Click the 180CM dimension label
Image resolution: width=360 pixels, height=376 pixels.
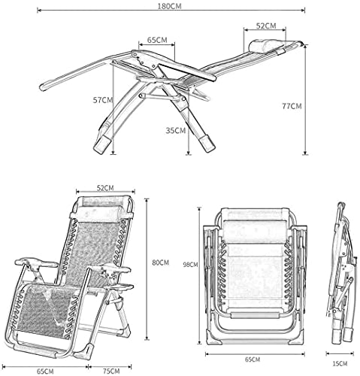pos(169,6)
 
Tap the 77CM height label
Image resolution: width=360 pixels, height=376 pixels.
pos(292,106)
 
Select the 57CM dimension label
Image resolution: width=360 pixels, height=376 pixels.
pos(103,100)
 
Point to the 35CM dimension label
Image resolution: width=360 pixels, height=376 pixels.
pos(176,130)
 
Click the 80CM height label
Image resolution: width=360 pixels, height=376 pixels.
pos(161,262)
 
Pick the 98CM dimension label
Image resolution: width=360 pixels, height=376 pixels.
pos(190,264)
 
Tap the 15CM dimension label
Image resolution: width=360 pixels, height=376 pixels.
pos(340,364)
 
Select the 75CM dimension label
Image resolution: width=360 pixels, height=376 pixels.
pos(111,371)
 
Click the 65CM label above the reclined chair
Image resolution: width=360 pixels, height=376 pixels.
pos(157,40)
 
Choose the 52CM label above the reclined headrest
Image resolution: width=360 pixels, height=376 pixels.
pos(266,26)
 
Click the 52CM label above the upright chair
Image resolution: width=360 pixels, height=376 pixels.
pos(105,188)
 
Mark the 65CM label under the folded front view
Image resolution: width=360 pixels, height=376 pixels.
pos(253,359)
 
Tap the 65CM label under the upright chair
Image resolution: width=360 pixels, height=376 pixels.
pos(45,371)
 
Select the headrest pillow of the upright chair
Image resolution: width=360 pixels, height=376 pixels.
pos(99,213)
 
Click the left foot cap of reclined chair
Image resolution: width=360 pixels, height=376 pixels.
pos(102,145)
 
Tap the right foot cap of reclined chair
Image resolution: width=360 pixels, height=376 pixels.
pos(207,144)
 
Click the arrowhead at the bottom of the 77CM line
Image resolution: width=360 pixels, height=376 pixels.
pos(305,153)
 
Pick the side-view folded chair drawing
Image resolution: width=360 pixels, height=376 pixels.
pos(341,273)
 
